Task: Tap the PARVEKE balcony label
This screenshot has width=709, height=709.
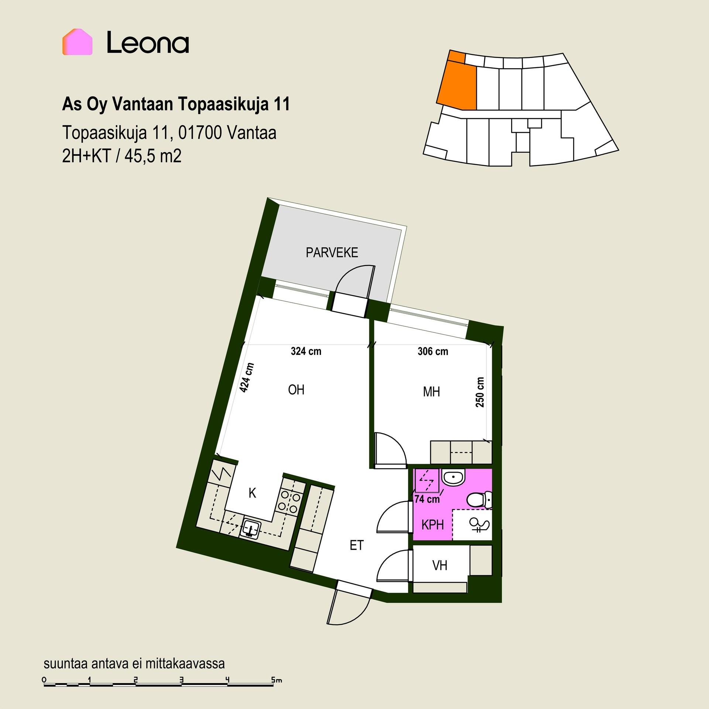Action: coord(332,253)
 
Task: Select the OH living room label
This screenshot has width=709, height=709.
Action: coord(296,390)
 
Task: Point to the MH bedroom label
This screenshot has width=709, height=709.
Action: coord(431,392)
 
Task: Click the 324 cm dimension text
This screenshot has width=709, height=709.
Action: coord(306,351)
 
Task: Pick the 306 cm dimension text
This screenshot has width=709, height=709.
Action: coord(433,351)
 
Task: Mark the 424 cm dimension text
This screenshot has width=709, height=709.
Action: coord(247,377)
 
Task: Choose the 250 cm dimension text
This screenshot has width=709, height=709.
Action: coord(480,392)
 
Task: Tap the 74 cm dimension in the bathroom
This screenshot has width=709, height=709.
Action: coord(427,499)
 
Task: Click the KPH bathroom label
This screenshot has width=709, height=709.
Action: coord(432,525)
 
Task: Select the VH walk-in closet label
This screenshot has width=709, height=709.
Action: coord(440,565)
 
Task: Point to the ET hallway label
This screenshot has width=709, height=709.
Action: coord(357,545)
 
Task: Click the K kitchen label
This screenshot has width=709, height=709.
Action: coord(253,493)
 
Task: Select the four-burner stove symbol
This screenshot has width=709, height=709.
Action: coord(288,501)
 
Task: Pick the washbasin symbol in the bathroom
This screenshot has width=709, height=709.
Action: coord(453,478)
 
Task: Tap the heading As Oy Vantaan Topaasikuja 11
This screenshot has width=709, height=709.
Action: coord(176,105)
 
